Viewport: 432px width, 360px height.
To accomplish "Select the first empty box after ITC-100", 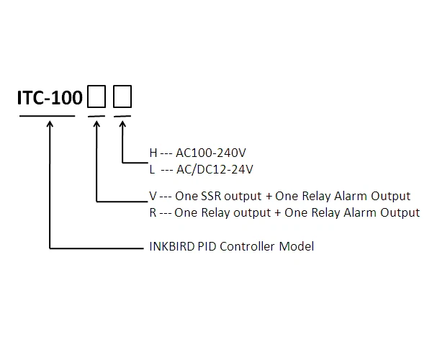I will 96,96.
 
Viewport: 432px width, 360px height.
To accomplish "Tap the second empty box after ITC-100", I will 123,96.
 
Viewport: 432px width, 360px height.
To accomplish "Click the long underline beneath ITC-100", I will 47,116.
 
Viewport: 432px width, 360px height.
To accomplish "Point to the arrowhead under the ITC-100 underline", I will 50,124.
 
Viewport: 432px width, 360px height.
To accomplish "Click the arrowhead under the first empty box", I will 96,124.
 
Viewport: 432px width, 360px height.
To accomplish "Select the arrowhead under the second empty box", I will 123,124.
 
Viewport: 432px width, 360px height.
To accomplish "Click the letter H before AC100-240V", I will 153,153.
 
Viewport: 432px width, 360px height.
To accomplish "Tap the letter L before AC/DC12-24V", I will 152,169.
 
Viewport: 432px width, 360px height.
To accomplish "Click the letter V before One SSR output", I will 152,196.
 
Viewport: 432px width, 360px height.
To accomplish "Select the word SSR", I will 210,196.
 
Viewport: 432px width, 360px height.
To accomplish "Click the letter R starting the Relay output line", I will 152,212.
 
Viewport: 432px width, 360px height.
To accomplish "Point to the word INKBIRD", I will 170,246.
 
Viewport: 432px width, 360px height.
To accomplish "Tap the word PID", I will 207,246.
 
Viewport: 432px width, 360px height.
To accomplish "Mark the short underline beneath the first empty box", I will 96,116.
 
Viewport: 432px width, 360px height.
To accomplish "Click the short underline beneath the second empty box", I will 123,116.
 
